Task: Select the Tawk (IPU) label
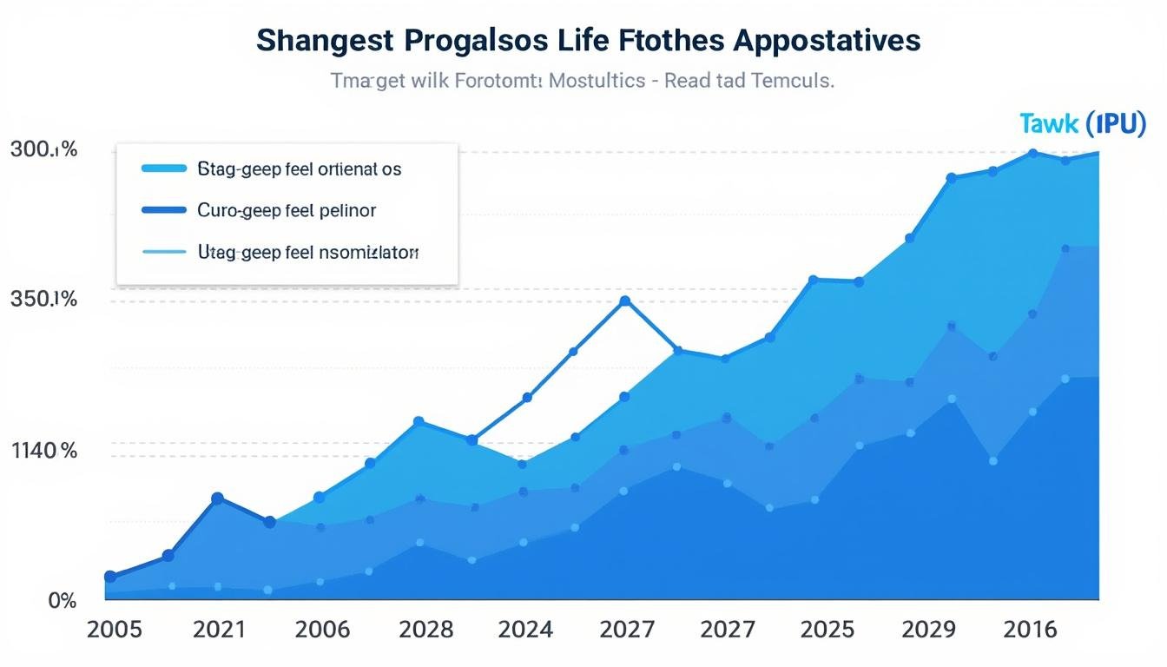pos(1083,124)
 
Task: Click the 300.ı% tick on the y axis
pos(43,149)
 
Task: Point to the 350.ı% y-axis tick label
pos(43,300)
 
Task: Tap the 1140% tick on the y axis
pos(44,451)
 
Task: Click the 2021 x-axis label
pos(219,630)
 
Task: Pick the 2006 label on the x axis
pos(322,630)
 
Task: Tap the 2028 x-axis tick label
pos(425,630)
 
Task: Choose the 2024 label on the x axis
pos(525,630)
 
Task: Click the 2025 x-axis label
pos(827,630)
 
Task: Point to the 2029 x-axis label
pos(929,630)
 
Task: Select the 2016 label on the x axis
pos(1031,630)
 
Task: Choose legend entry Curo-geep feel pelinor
pos(287,210)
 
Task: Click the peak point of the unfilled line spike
pos(624,301)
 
